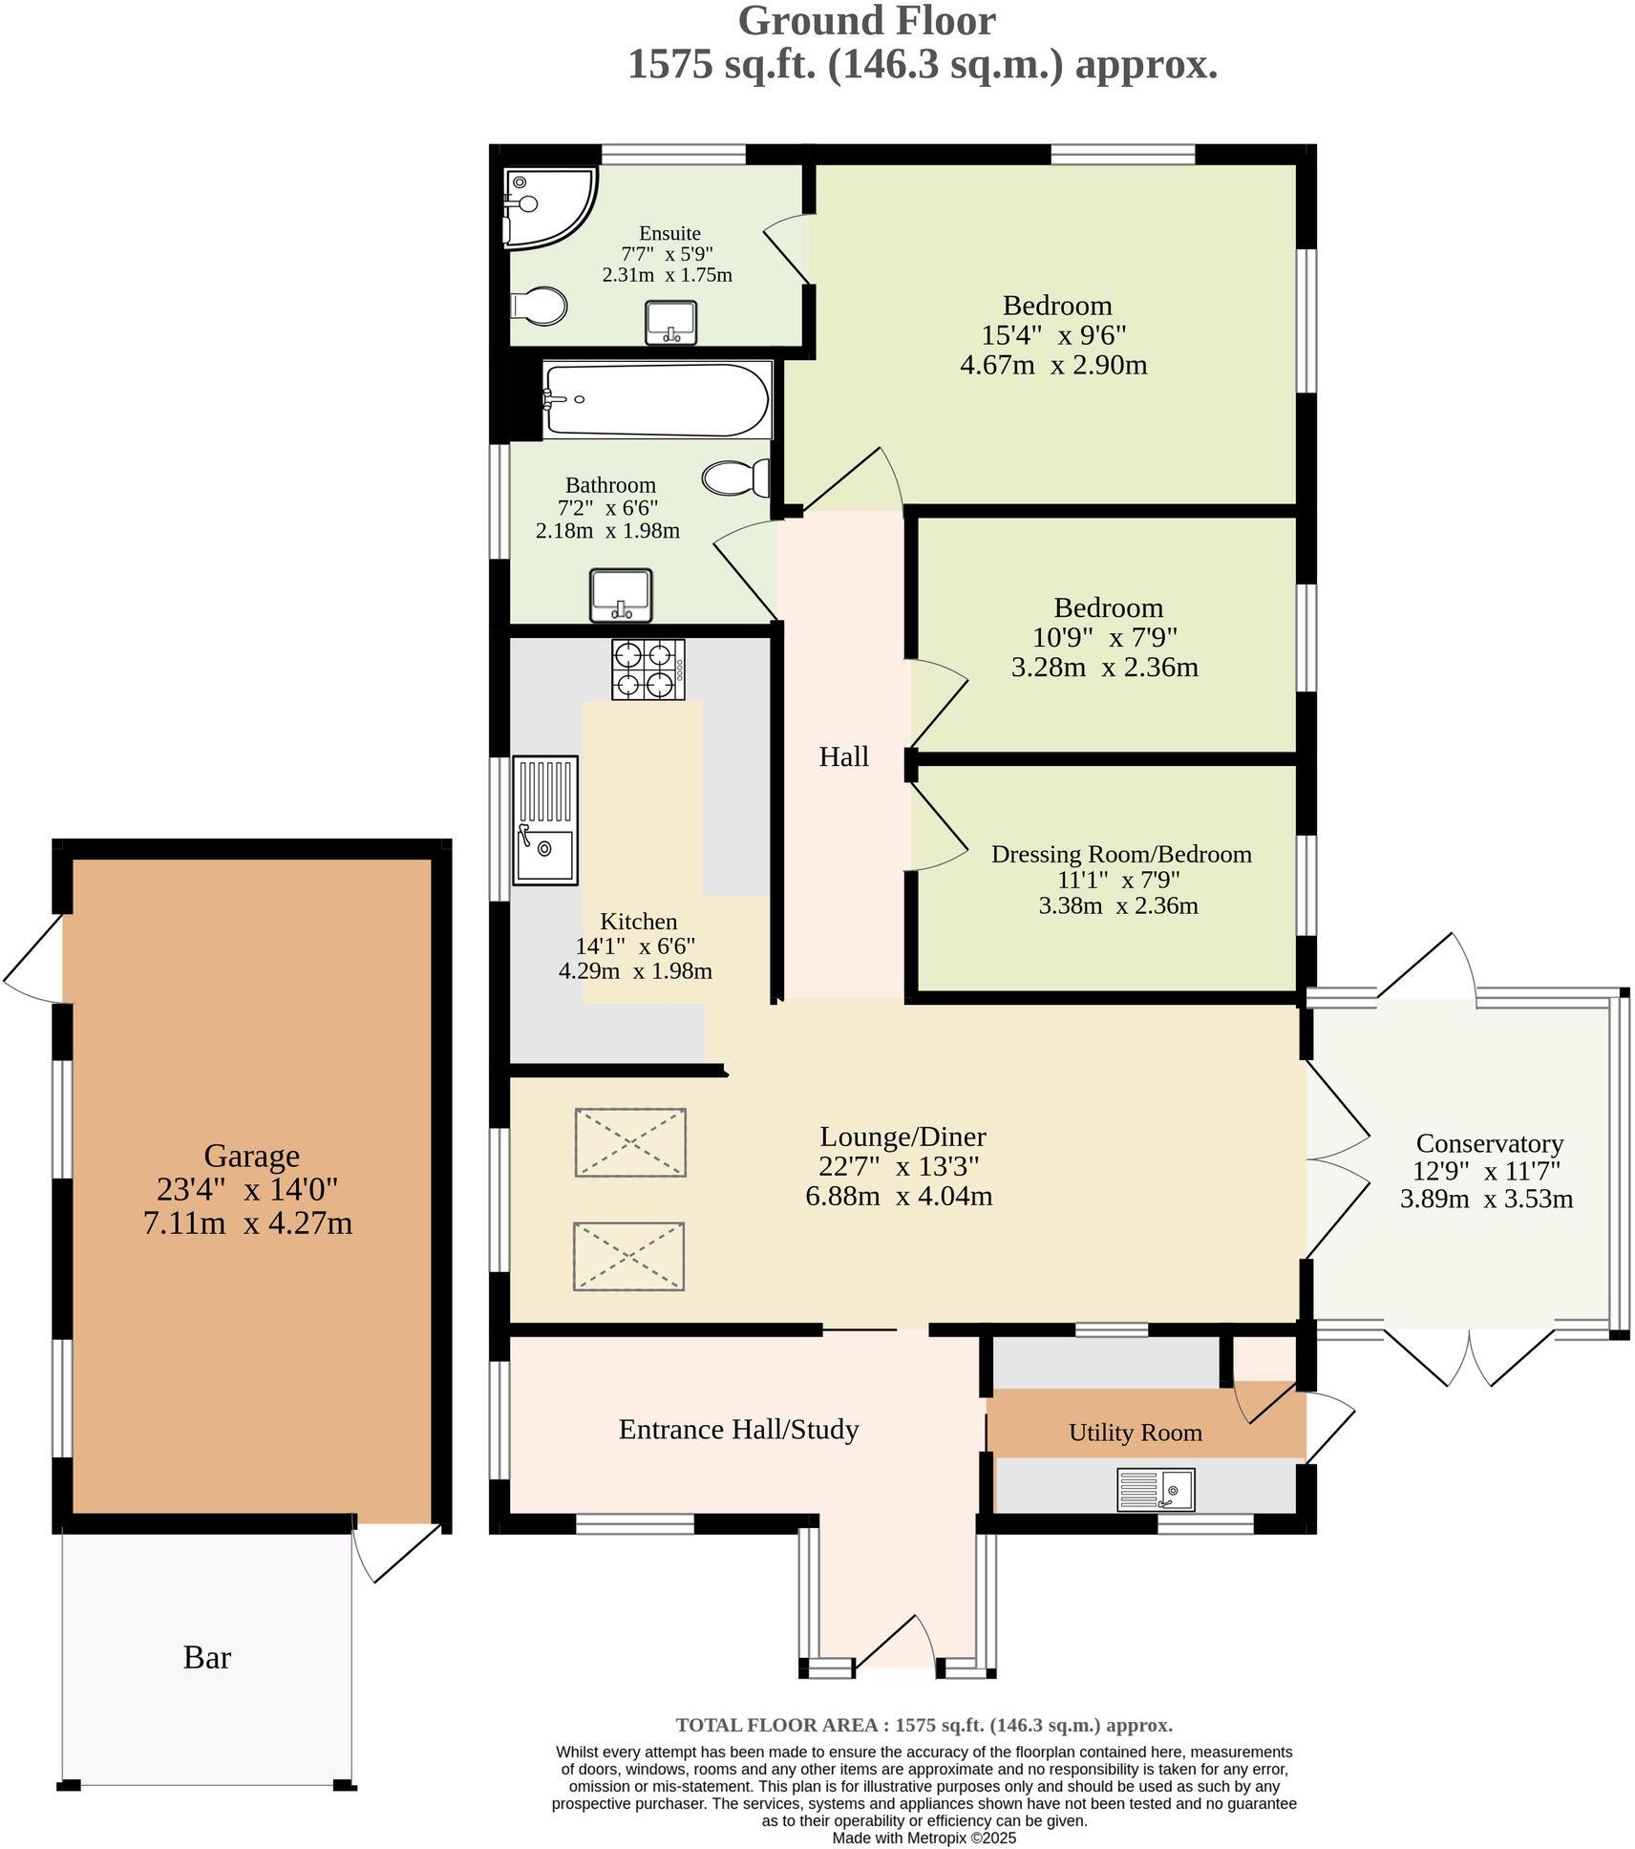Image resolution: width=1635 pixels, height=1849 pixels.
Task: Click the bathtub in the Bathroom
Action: tap(657, 399)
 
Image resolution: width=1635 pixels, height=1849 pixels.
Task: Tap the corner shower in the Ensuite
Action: tap(544, 203)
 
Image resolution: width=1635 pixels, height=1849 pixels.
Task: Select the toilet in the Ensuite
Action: tap(540, 307)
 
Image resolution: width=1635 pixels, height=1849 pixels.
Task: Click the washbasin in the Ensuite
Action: tap(670, 322)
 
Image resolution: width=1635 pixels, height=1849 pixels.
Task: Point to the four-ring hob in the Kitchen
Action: tap(648, 669)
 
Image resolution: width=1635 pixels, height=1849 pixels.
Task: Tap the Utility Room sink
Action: tap(1156, 1489)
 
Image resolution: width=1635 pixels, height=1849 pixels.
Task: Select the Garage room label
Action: tap(252, 1156)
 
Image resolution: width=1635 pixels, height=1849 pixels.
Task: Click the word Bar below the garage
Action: tap(207, 1657)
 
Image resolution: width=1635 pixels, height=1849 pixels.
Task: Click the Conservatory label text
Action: tap(1489, 1143)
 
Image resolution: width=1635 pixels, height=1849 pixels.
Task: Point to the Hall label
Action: tap(844, 757)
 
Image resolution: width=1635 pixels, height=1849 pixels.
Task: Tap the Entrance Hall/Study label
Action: tap(738, 1430)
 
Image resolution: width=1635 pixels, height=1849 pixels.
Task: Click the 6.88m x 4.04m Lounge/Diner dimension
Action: tap(899, 1196)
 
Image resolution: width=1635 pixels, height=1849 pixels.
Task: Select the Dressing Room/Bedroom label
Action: tap(1121, 854)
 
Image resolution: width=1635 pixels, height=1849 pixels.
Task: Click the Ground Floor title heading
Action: tap(866, 21)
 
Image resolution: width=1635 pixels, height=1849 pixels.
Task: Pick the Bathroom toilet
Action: tap(737, 478)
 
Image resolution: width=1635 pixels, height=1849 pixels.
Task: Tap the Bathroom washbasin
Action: tap(621, 594)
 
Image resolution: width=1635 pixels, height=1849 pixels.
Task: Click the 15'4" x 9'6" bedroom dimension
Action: tap(1054, 335)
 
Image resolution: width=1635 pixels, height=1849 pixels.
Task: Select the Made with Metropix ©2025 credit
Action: tap(924, 1838)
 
